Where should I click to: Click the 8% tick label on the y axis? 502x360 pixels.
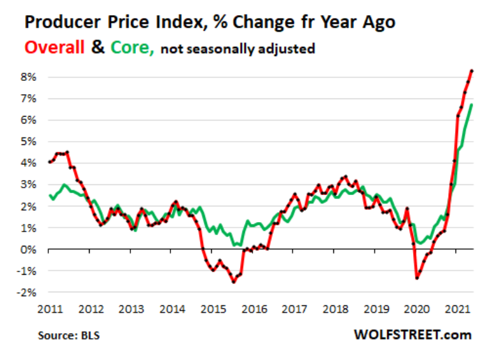click(29, 77)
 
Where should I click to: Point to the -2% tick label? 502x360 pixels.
click(27, 292)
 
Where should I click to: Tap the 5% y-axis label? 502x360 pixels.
click(29, 142)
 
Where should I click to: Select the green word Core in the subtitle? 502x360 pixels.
click(131, 48)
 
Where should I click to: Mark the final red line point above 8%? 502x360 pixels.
click(472, 71)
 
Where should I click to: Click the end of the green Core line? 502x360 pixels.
click(472, 105)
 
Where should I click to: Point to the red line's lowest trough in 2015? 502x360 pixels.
click(233, 282)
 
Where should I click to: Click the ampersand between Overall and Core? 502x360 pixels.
click(98, 48)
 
